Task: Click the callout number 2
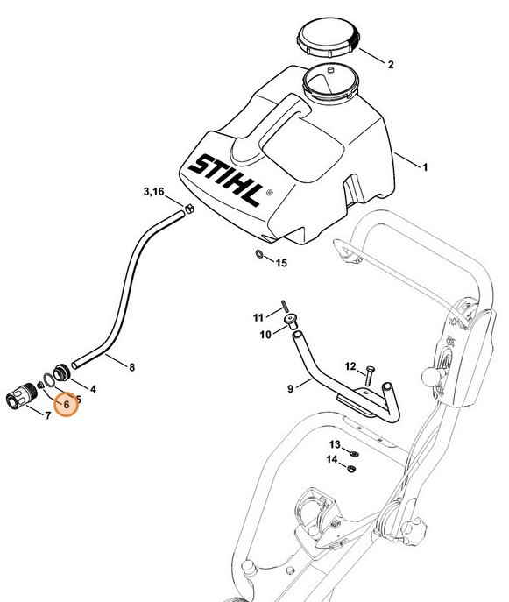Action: click(391, 64)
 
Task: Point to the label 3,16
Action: click(153, 191)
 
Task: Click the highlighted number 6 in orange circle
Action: click(66, 406)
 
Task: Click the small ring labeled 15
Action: click(260, 255)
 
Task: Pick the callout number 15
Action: click(280, 262)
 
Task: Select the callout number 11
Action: click(258, 316)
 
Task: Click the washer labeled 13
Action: click(350, 454)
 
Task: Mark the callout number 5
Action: click(78, 399)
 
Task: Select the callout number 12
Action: click(349, 365)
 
